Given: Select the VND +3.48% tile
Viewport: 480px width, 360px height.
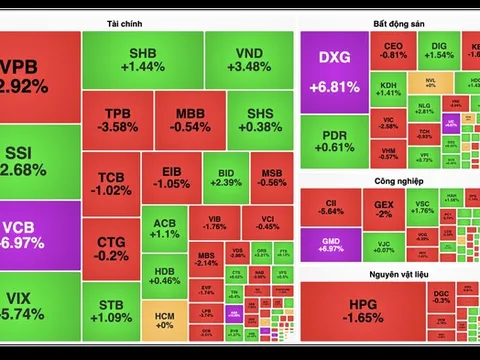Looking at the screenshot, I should (248, 59).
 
